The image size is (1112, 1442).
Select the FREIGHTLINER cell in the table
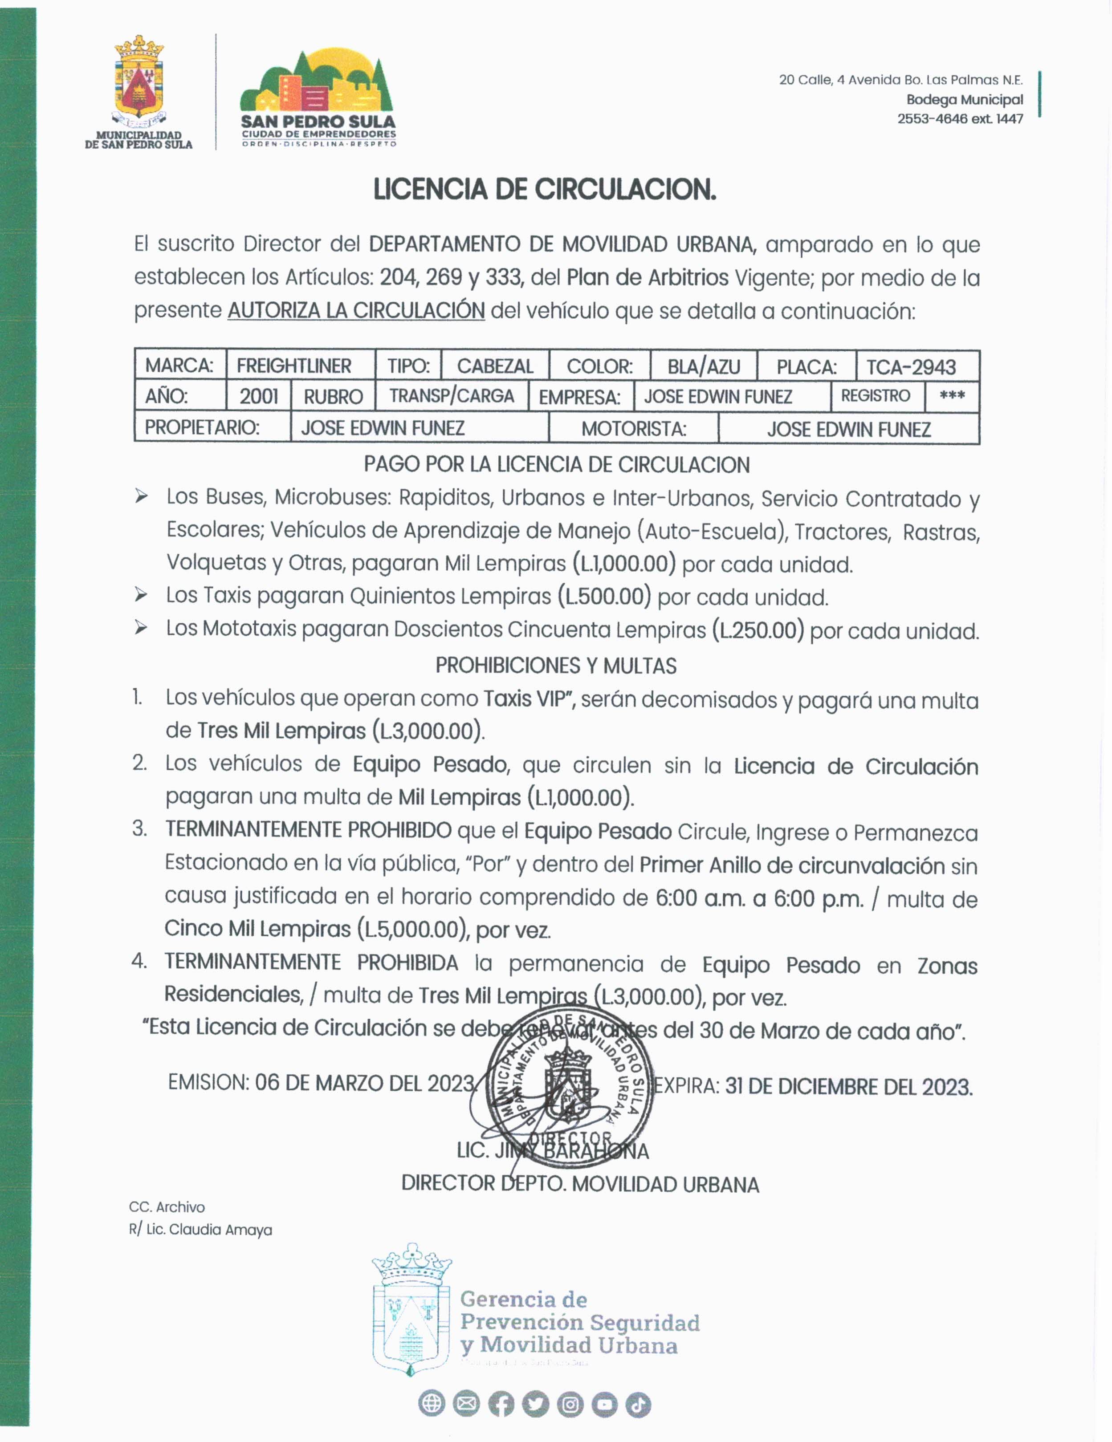coord(294,366)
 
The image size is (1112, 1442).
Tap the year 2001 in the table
coord(258,396)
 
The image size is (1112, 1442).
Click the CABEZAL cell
coord(495,366)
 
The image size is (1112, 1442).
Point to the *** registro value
coord(952,396)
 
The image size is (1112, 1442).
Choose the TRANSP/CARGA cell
coord(452,396)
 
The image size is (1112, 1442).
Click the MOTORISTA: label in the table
coord(633,429)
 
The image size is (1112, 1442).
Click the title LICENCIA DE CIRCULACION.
coord(544,190)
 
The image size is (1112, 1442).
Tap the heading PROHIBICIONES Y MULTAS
coord(556,666)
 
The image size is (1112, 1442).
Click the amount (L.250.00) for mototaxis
coord(758,630)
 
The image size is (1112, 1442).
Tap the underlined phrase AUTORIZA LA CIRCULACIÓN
coord(356,310)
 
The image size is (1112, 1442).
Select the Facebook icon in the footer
coord(501,1404)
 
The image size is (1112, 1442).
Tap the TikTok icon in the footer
coord(638,1404)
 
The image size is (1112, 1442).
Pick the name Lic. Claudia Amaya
coord(209,1230)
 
